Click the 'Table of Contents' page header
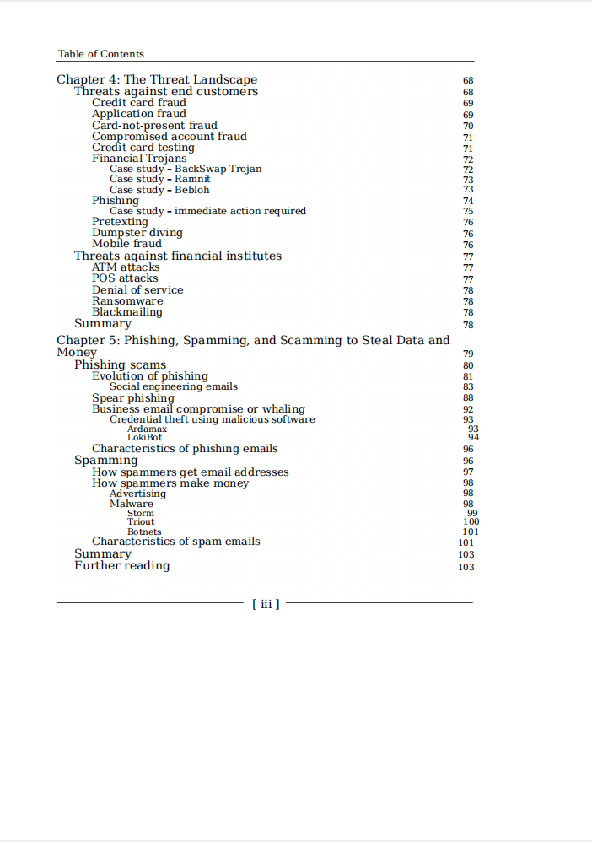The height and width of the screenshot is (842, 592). [x=100, y=54]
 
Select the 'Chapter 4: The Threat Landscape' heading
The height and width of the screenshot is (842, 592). [x=157, y=80]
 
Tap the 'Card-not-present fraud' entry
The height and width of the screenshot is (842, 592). [x=154, y=125]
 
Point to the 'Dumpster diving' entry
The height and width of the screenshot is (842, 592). [x=137, y=233]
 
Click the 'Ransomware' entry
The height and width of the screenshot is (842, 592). [x=127, y=301]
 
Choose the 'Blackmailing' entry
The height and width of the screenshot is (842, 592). [x=126, y=312]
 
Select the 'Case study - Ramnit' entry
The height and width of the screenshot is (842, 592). [x=160, y=179]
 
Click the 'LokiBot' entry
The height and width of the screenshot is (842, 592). [x=144, y=438]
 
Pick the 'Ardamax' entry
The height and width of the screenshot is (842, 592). [x=147, y=429]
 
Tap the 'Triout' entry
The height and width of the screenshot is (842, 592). [x=141, y=522]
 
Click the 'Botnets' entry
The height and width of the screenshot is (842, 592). [x=144, y=532]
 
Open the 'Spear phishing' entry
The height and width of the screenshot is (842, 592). [x=132, y=398]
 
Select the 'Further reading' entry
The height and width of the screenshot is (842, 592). [x=121, y=566]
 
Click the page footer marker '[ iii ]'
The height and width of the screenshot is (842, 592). [x=266, y=604]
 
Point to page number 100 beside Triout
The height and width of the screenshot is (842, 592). [x=471, y=522]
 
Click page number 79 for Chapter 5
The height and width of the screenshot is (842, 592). [x=468, y=354]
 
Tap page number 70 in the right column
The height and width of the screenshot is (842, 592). [x=468, y=126]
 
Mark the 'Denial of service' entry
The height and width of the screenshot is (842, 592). [x=137, y=290]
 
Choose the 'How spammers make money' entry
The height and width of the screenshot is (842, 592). [x=170, y=483]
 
